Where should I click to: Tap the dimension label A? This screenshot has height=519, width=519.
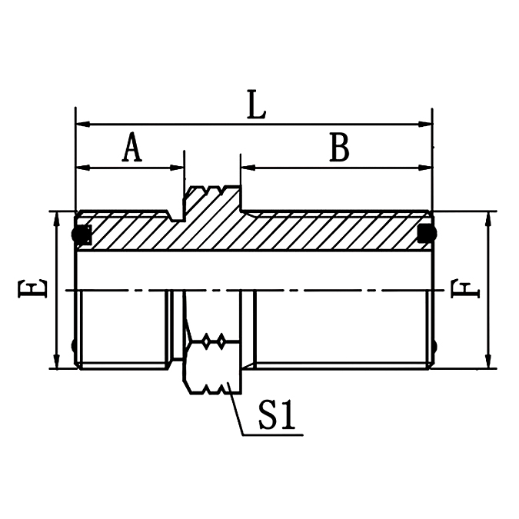pos(132,148)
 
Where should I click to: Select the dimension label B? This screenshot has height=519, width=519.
pos(339,148)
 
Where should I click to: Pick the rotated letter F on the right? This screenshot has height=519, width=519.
pos(464,290)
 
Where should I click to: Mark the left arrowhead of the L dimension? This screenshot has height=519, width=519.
pos(82,123)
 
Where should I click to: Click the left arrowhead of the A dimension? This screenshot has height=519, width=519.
pos(82,167)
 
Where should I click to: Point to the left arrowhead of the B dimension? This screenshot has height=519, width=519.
pos(248,167)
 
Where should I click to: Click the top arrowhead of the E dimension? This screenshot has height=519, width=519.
pos(56,218)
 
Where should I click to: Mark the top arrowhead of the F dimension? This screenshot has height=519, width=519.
pos(488,218)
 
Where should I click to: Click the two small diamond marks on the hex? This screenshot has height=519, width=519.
pos(212,339)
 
